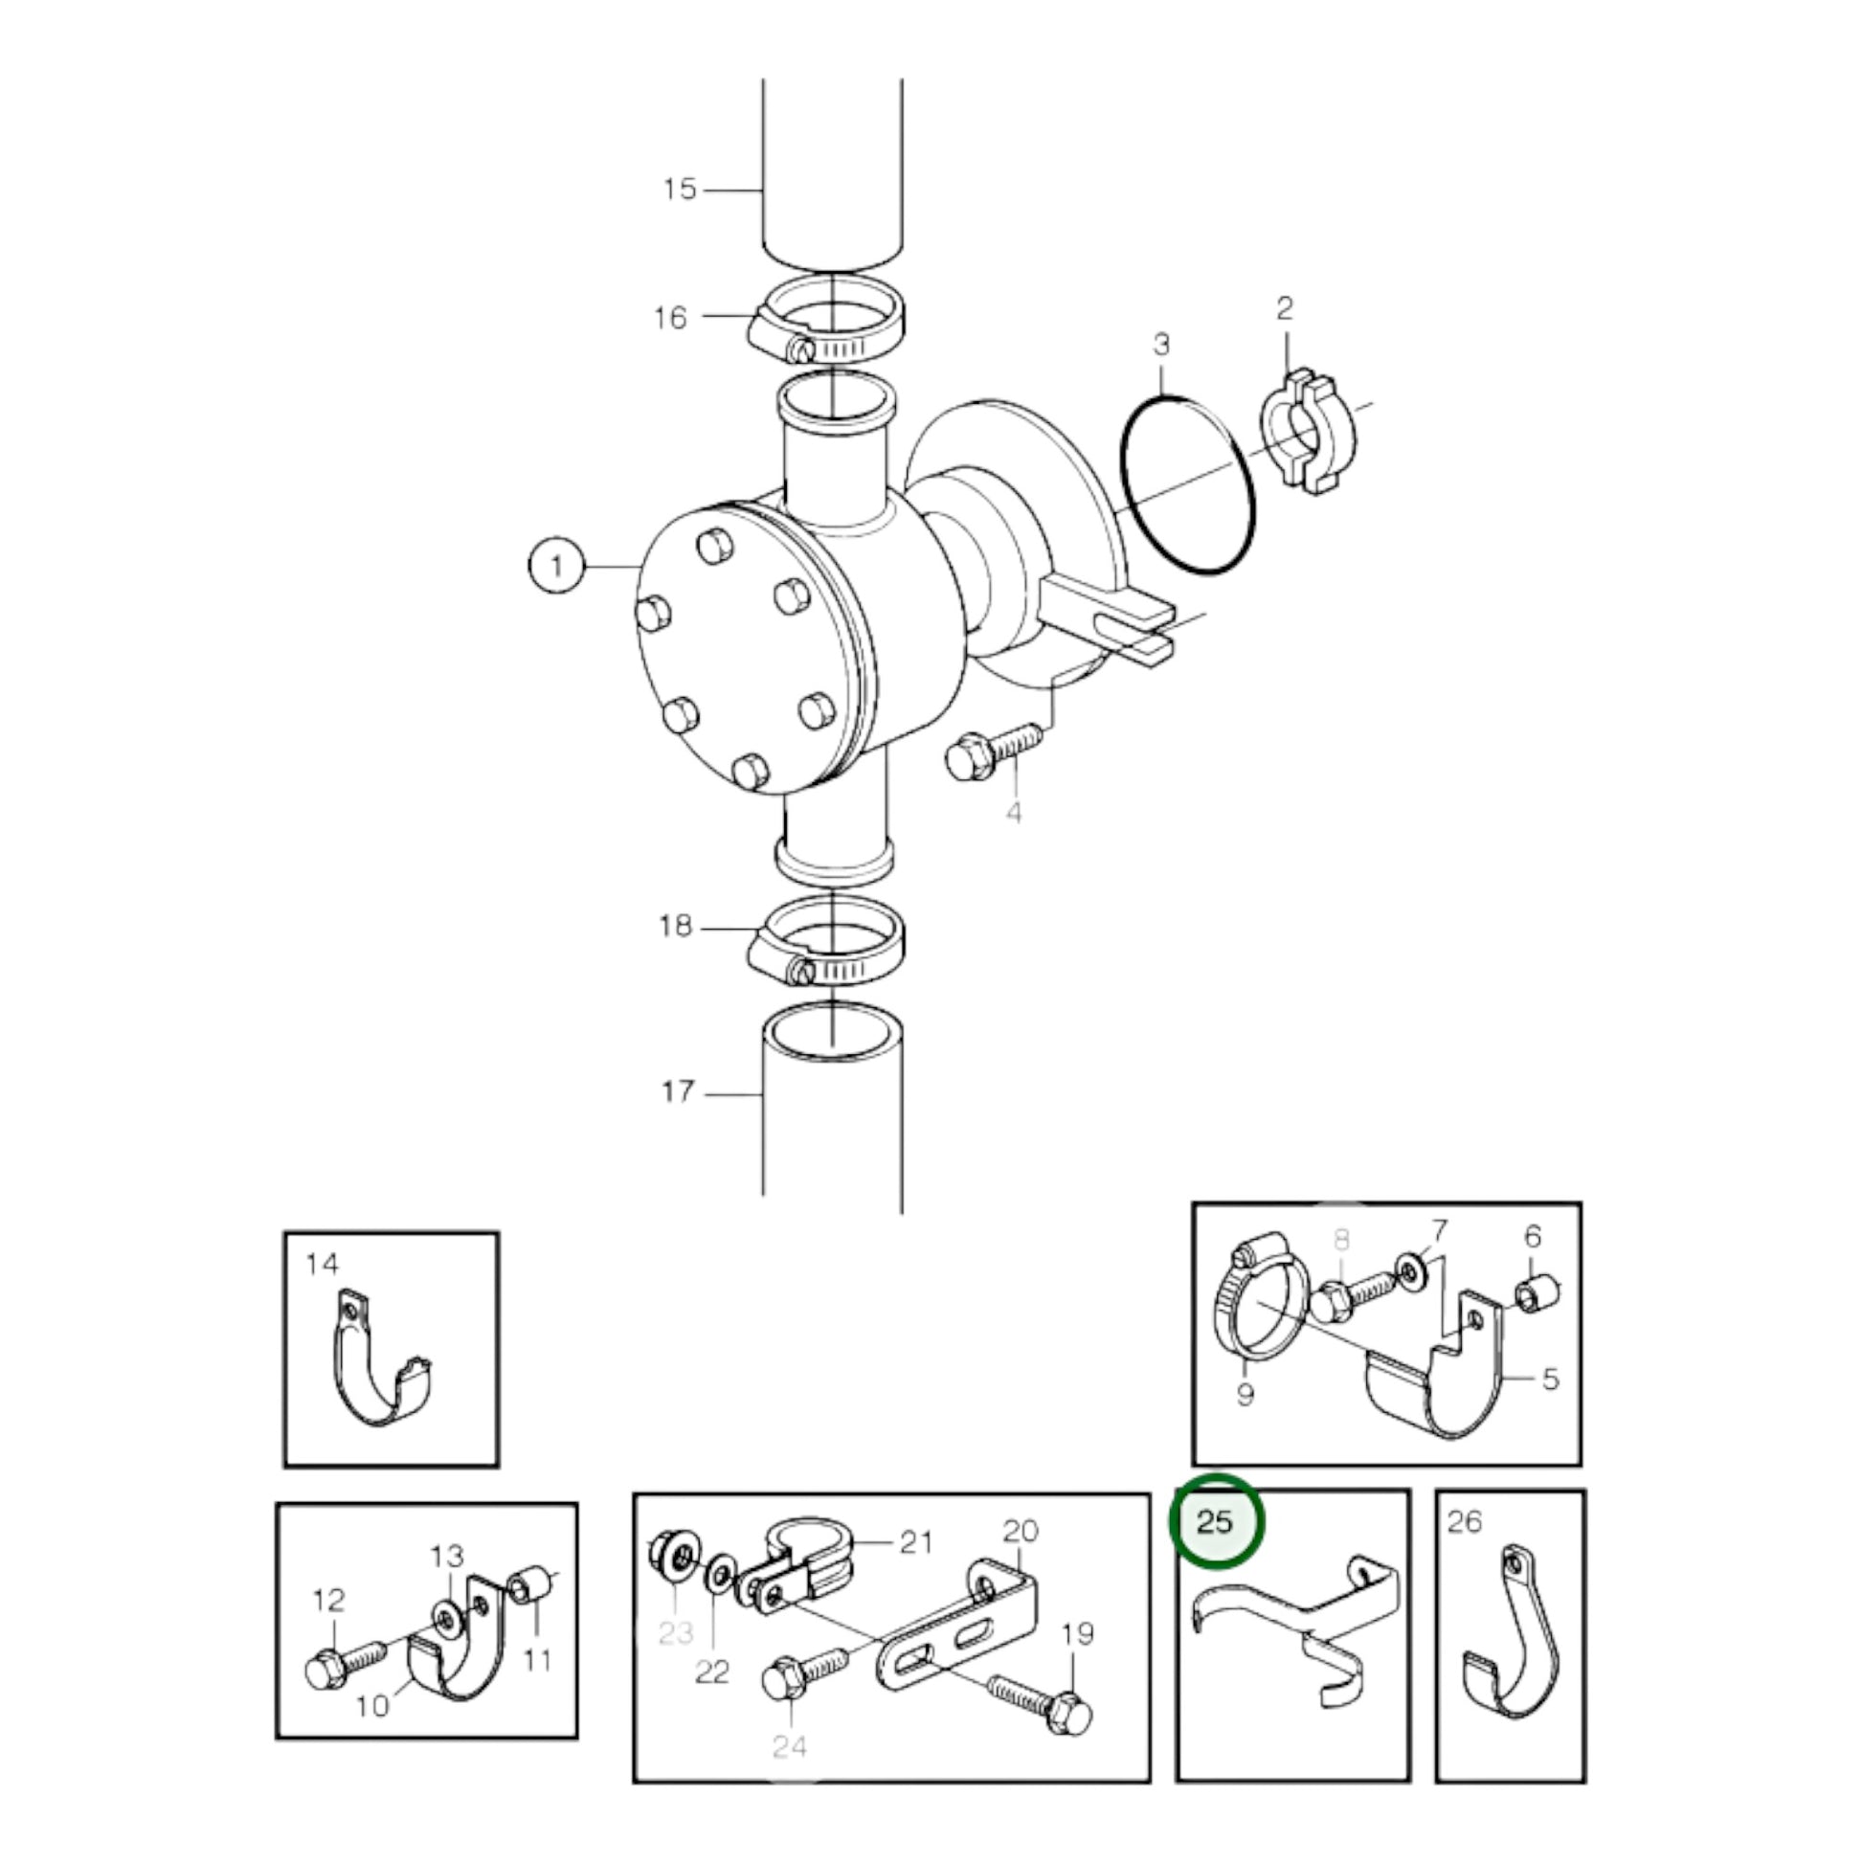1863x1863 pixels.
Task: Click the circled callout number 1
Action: pyautogui.click(x=556, y=565)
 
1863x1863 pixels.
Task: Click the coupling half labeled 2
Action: pyautogui.click(x=1308, y=431)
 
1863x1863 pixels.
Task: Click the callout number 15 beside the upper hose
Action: pyautogui.click(x=679, y=189)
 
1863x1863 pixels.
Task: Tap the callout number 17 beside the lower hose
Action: pyautogui.click(x=678, y=1091)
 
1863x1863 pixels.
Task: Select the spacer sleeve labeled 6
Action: pyautogui.click(x=1534, y=1295)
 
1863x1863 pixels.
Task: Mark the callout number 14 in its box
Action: pyautogui.click(x=322, y=1263)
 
